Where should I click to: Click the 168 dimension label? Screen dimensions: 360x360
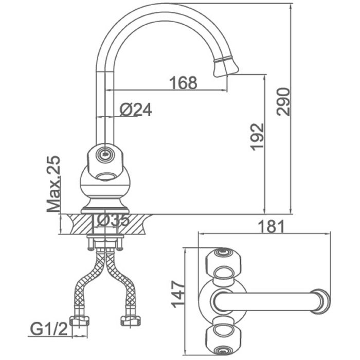[183, 83]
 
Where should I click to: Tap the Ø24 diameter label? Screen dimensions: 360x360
[136, 110]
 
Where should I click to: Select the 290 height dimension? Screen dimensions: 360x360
[283, 101]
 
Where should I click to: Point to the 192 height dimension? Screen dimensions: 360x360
[257, 137]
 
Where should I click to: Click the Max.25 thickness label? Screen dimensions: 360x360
[53, 184]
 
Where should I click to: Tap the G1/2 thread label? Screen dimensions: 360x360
[49, 330]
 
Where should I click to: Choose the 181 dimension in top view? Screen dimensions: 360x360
[271, 227]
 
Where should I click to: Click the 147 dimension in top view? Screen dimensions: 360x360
[178, 294]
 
